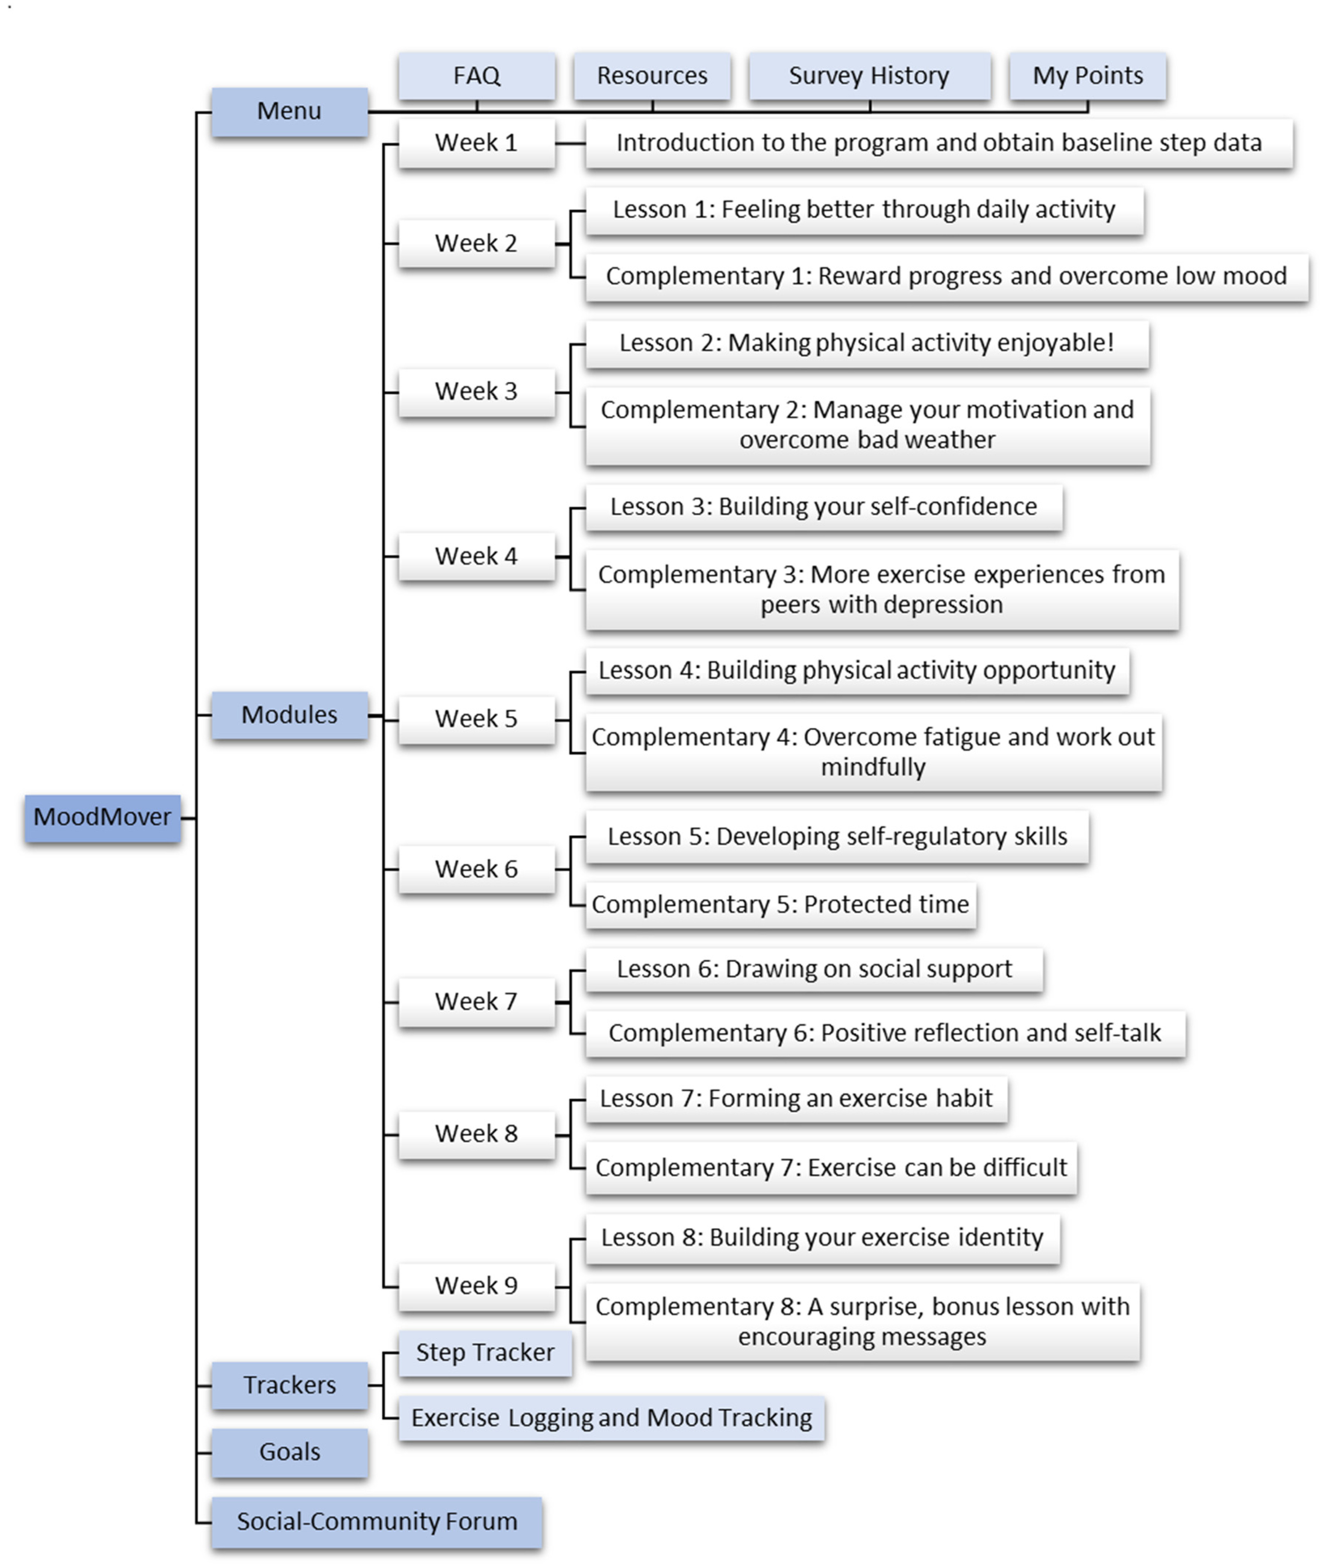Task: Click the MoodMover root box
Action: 103,818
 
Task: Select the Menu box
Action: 289,112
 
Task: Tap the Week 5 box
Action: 477,719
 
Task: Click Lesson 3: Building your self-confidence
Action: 824,507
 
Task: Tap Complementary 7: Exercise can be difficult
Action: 831,1168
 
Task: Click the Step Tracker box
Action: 485,1353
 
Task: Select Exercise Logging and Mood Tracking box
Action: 611,1418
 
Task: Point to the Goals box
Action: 289,1453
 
